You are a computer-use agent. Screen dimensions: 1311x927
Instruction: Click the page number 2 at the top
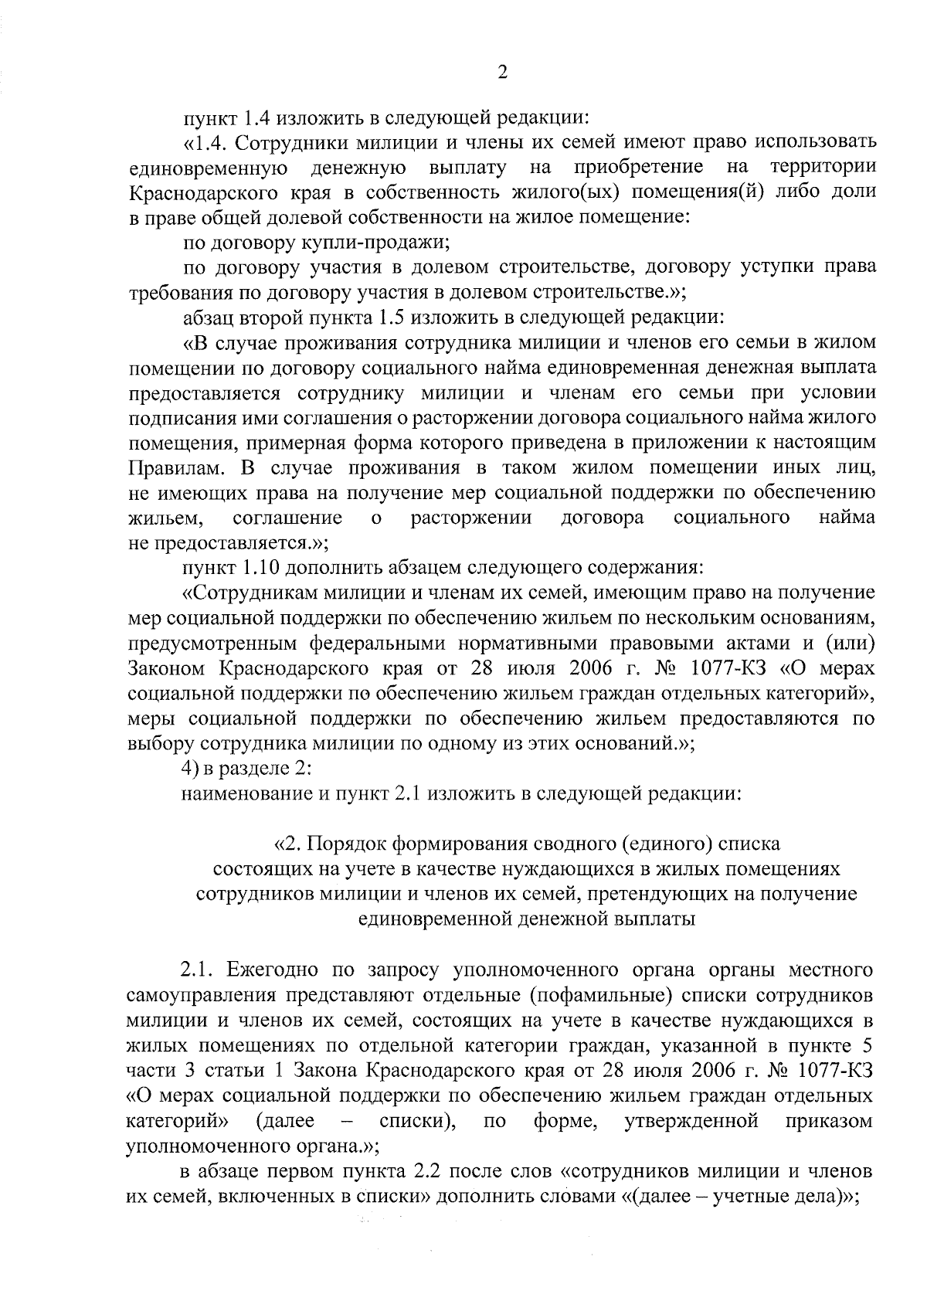point(502,73)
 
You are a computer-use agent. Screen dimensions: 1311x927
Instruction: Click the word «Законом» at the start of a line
point(165,667)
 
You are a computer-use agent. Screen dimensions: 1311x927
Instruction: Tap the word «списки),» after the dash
point(417,1120)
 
